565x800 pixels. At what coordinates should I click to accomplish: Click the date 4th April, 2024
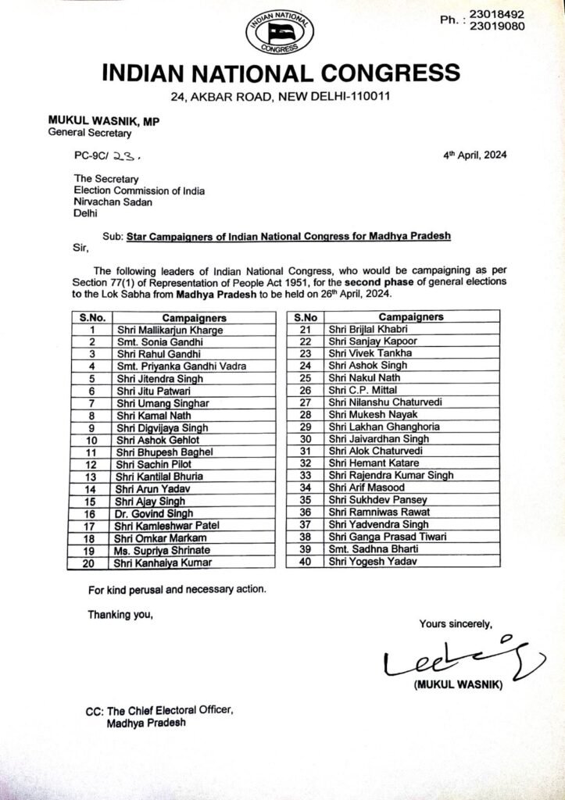474,155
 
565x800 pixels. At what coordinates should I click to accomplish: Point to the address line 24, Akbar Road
282,97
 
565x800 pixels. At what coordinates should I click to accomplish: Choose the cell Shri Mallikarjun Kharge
169,330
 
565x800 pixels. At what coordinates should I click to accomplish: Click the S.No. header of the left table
92,318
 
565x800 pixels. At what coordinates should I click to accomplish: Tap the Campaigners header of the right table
411,317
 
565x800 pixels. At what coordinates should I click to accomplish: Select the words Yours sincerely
456,623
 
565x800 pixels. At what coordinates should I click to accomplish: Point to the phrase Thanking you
120,615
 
